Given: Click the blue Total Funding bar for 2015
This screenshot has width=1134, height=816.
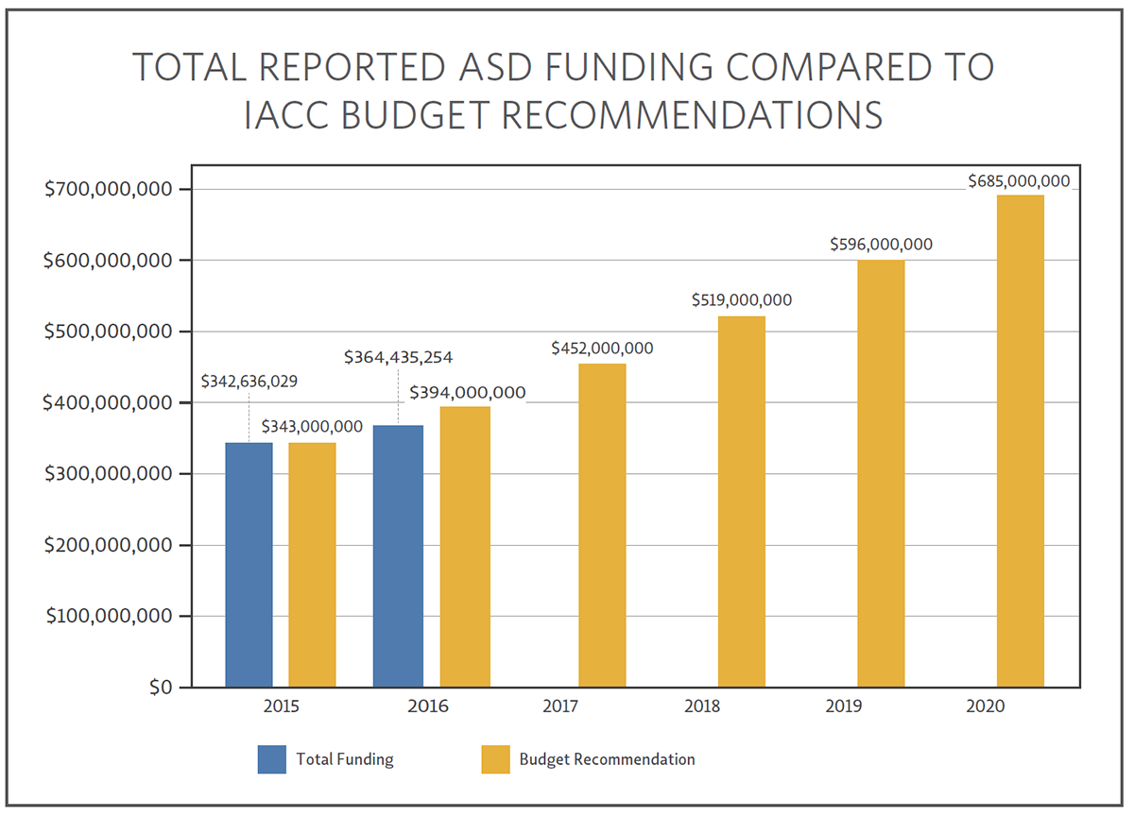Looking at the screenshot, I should pyautogui.click(x=249, y=565).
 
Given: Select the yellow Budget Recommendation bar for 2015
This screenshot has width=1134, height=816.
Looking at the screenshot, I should pyautogui.click(x=312, y=565).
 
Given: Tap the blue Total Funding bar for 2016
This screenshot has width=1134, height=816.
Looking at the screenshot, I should pyautogui.click(x=398, y=556).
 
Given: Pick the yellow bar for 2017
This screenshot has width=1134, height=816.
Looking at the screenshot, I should pyautogui.click(x=602, y=525).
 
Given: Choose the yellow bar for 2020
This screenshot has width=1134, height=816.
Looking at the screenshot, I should pyautogui.click(x=1021, y=441).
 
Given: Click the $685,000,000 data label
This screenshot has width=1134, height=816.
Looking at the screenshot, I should pyautogui.click(x=1019, y=180).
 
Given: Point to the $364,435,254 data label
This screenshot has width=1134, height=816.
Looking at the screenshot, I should pyautogui.click(x=398, y=357).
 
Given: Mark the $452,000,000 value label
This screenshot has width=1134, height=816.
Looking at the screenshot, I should pyautogui.click(x=602, y=348).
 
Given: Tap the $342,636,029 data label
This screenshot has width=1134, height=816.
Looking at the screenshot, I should pyautogui.click(x=250, y=382).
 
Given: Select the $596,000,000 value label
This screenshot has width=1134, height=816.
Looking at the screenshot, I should pyautogui.click(x=881, y=244).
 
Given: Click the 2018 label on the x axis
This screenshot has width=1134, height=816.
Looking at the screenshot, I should pyautogui.click(x=702, y=706).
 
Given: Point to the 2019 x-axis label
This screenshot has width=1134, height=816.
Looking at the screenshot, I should pyautogui.click(x=842, y=706).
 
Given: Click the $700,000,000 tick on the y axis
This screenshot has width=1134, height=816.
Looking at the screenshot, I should pyautogui.click(x=109, y=190).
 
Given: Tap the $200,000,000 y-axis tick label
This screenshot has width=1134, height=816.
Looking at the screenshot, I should pyautogui.click(x=109, y=546).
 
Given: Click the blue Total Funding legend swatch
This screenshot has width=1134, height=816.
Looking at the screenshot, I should pyautogui.click(x=271, y=759).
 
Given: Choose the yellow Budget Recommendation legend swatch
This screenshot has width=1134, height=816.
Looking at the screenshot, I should pyautogui.click(x=495, y=759).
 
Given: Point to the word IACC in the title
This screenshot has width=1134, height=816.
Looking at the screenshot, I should pyautogui.click(x=296, y=114).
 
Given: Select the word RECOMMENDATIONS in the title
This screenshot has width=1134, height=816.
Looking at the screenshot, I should pyautogui.click(x=692, y=114).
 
